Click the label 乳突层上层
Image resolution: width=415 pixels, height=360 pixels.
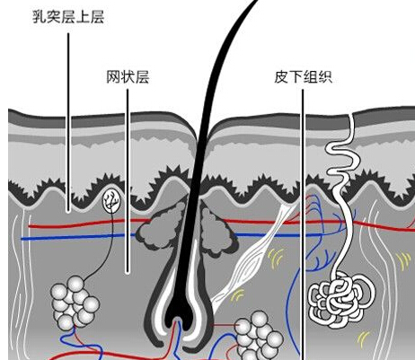68,17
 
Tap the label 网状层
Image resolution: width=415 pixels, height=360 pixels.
128,77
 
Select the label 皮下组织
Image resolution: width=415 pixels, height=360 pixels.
303,77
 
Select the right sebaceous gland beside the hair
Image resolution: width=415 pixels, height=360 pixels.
218,232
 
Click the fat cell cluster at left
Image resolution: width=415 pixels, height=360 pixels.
75,302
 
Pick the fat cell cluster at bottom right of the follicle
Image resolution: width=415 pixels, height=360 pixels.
258,335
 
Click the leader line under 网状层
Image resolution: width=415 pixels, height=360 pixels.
128,181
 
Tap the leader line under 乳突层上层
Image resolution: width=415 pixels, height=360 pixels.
68,122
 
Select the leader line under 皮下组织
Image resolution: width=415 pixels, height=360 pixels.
303,224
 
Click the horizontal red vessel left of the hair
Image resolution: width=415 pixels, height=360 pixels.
90,224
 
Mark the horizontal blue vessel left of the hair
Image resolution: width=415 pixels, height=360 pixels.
79,237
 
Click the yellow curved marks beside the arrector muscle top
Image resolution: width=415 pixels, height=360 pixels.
276,257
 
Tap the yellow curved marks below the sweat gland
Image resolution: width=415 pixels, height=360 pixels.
364,338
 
